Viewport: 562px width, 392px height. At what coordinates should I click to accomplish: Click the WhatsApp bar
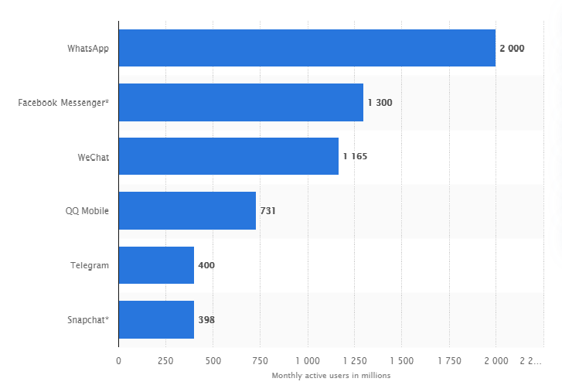pyautogui.click(x=307, y=48)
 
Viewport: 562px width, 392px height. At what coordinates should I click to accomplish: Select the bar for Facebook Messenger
pyautogui.click(x=240, y=102)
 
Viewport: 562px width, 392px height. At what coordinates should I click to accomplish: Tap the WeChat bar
pyautogui.click(x=228, y=156)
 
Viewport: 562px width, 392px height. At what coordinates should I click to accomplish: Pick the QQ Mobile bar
pyautogui.click(x=187, y=210)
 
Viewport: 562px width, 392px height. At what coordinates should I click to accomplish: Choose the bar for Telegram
pyautogui.click(x=156, y=265)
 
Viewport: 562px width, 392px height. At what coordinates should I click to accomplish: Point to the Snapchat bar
pyautogui.click(x=156, y=319)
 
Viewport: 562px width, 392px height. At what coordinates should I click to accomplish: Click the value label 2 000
pyautogui.click(x=512, y=48)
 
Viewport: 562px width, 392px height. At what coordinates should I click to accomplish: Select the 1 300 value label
pyautogui.click(x=380, y=102)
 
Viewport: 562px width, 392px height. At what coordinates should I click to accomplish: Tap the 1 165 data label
pyautogui.click(x=355, y=156)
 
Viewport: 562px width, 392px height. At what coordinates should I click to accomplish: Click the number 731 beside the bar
pyautogui.click(x=268, y=210)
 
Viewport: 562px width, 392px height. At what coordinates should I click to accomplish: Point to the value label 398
pyautogui.click(x=206, y=319)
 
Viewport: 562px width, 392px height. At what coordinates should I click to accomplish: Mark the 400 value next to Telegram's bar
pyautogui.click(x=206, y=265)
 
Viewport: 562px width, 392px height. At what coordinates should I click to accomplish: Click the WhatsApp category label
pyautogui.click(x=88, y=48)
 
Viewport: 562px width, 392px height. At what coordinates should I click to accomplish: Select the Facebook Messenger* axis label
pyautogui.click(x=63, y=102)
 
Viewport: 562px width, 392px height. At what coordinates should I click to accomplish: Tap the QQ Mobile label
pyautogui.click(x=87, y=210)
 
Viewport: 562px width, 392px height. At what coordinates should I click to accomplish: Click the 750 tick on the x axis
pyautogui.click(x=260, y=360)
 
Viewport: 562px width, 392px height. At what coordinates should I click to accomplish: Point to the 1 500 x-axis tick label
pyautogui.click(x=401, y=360)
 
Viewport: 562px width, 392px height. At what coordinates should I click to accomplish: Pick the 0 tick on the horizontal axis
pyautogui.click(x=118, y=360)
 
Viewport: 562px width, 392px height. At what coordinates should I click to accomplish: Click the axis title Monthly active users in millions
pyautogui.click(x=331, y=376)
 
